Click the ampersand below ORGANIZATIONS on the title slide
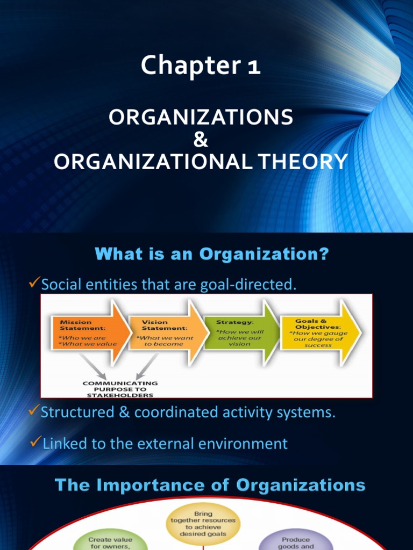tap(200, 140)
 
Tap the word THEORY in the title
tap(302, 161)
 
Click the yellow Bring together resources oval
tap(203, 524)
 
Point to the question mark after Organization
tap(324, 255)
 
